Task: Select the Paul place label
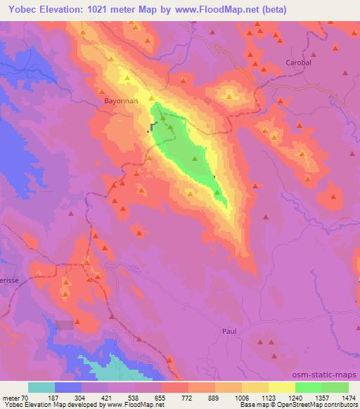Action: pyautogui.click(x=229, y=330)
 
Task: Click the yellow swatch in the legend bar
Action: pyautogui.click(x=281, y=387)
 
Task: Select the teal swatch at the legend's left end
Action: pyautogui.click(x=41, y=387)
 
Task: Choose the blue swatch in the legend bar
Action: pyautogui.click(x=68, y=387)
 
